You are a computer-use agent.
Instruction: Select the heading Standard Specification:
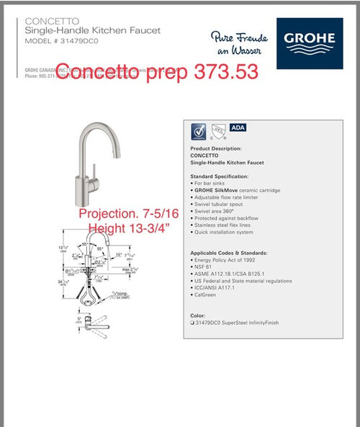click(219, 176)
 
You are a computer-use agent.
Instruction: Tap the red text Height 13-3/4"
click(132, 229)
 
